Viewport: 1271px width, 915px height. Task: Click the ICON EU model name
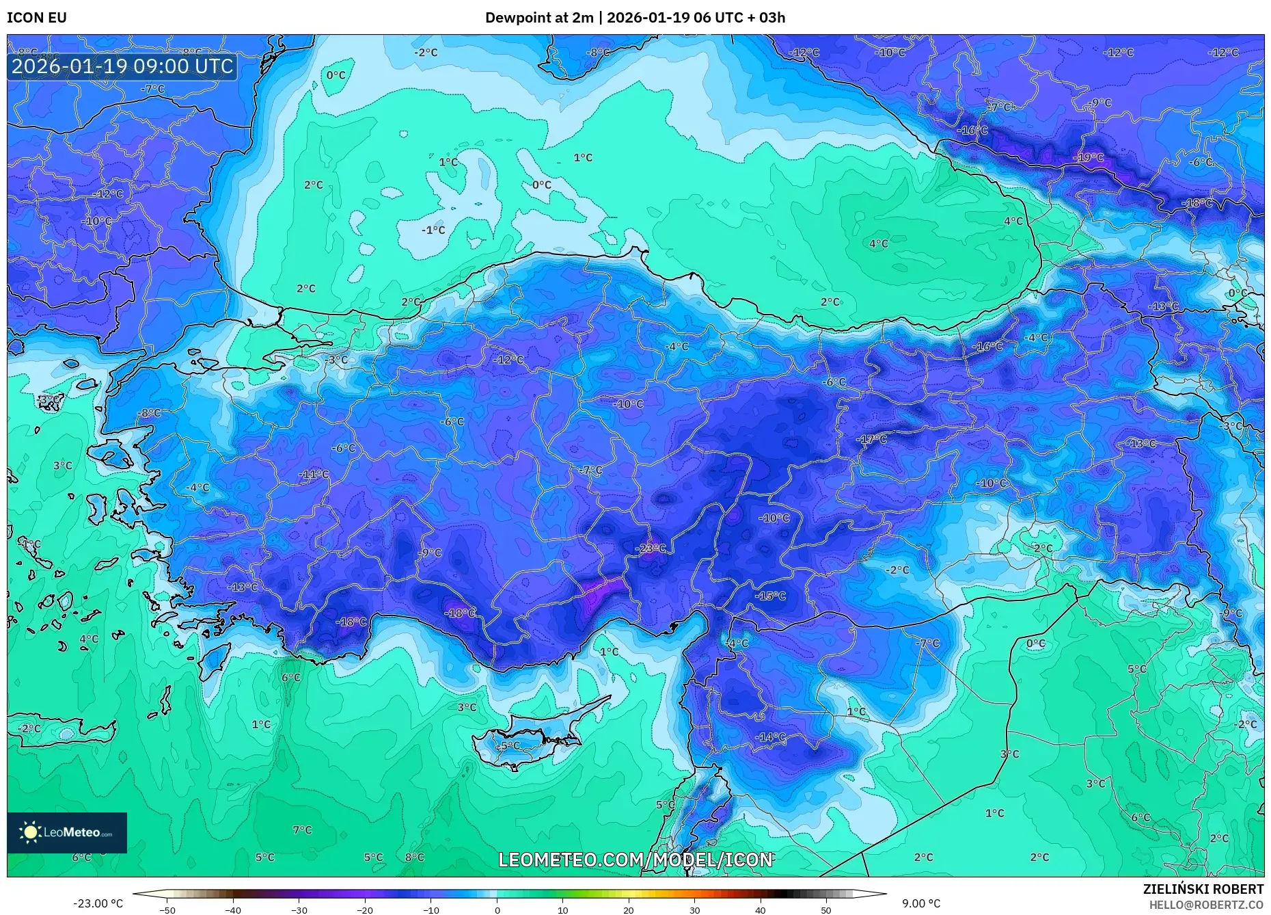pyautogui.click(x=37, y=18)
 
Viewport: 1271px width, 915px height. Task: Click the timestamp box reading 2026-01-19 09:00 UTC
pyautogui.click(x=122, y=67)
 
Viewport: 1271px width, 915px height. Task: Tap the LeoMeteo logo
pyautogui.click(x=67, y=832)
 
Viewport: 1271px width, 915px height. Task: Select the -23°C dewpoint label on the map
pyautogui.click(x=650, y=548)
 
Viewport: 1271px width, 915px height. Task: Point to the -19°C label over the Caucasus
pyautogui.click(x=1089, y=157)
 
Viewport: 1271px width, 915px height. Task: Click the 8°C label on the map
pyautogui.click(x=414, y=857)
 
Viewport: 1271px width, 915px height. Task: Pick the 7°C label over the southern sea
pyautogui.click(x=302, y=830)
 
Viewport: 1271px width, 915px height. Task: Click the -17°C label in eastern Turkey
pyautogui.click(x=872, y=439)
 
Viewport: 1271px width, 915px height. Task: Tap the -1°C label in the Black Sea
pyautogui.click(x=433, y=230)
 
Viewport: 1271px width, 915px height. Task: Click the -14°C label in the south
pyautogui.click(x=770, y=737)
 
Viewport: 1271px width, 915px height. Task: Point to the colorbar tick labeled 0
pyautogui.click(x=497, y=910)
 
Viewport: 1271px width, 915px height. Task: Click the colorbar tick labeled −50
pyautogui.click(x=167, y=910)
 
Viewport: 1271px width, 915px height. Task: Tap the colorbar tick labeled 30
pyautogui.click(x=694, y=910)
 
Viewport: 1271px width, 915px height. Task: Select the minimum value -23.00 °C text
pyautogui.click(x=98, y=903)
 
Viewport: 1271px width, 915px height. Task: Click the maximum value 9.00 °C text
pyautogui.click(x=920, y=903)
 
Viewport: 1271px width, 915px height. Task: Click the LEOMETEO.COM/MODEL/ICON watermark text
pyautogui.click(x=635, y=860)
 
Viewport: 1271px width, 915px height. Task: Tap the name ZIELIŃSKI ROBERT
pyautogui.click(x=1203, y=889)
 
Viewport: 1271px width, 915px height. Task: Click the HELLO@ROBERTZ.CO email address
pyautogui.click(x=1206, y=905)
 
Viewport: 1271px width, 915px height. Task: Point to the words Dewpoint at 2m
pyautogui.click(x=539, y=18)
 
